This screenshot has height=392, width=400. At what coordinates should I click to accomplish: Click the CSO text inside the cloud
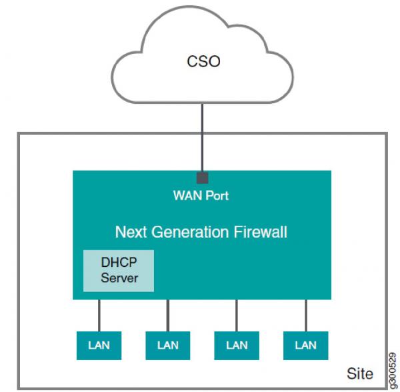click(203, 61)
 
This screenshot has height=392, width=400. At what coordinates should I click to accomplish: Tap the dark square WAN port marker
click(202, 178)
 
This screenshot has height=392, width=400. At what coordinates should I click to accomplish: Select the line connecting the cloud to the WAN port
click(202, 138)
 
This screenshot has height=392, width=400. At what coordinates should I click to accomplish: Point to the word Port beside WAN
click(217, 196)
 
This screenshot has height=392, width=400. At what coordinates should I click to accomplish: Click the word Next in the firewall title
click(131, 232)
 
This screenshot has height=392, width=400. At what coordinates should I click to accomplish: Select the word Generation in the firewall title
click(190, 232)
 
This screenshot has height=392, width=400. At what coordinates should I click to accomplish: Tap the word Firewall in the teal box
click(261, 232)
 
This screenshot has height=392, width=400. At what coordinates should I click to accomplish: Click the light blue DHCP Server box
click(119, 271)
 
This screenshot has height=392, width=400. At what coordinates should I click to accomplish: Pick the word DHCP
click(119, 262)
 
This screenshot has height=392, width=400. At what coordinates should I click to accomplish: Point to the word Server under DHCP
click(119, 278)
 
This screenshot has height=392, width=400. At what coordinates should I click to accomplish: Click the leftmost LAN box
click(99, 345)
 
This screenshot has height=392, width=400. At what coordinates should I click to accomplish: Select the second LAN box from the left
click(168, 345)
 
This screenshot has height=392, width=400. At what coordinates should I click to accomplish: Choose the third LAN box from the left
click(237, 345)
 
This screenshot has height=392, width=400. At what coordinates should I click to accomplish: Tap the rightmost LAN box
click(305, 345)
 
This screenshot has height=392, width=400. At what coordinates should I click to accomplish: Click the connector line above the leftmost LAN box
click(99, 315)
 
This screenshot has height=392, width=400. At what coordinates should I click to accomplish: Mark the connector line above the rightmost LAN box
click(306, 315)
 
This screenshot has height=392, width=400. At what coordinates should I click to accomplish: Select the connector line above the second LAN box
click(168, 315)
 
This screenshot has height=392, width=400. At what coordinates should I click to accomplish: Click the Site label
click(360, 373)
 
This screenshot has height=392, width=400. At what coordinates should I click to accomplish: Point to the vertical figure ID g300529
click(393, 371)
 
